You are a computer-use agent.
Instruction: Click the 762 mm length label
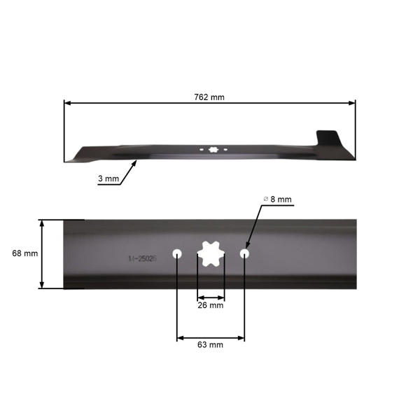210,97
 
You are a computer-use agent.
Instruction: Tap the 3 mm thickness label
108,178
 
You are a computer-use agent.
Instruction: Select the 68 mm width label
25,253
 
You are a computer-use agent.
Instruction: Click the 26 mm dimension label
211,305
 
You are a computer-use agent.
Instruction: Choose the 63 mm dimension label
211,344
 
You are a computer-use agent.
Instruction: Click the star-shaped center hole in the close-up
211,254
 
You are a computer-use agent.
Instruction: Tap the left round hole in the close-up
177,253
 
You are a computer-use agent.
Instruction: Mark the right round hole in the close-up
244,253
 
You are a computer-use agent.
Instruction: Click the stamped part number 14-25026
142,258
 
